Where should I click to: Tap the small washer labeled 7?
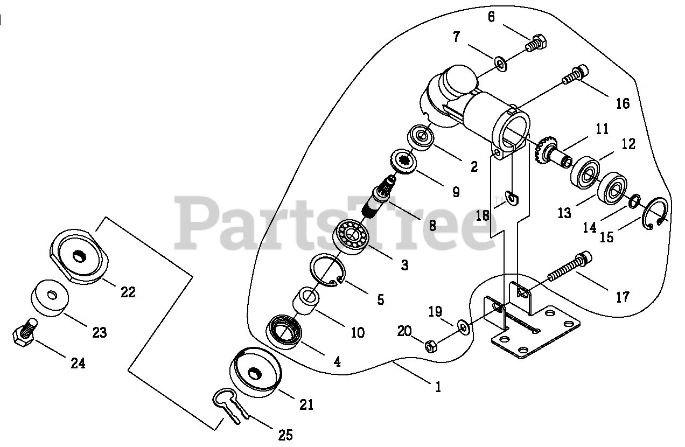(x=500, y=65)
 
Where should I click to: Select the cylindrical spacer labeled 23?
(x=50, y=298)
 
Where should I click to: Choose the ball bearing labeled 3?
(x=351, y=237)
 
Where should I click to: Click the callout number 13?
(x=564, y=213)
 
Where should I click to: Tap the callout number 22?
(x=128, y=292)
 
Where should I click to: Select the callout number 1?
(x=438, y=387)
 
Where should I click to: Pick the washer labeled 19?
(x=463, y=325)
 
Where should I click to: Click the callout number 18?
(x=483, y=215)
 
